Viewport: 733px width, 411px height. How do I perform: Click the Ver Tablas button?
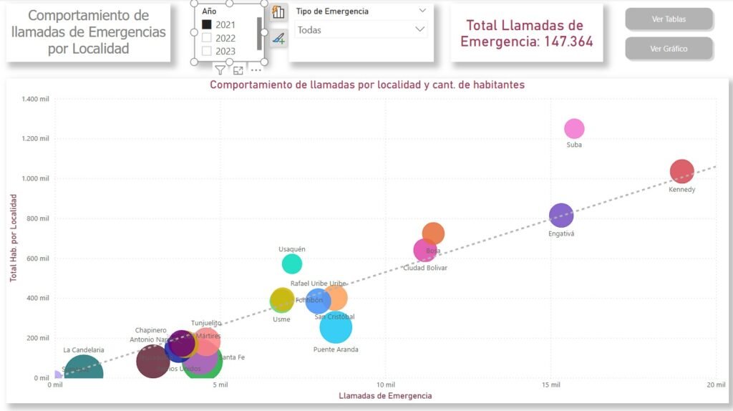(x=669, y=19)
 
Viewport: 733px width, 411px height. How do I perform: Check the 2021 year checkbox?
(x=207, y=24)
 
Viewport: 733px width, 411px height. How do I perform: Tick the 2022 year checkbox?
(x=207, y=38)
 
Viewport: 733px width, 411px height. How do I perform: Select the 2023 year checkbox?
(x=207, y=52)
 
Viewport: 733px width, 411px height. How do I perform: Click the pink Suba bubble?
(x=574, y=129)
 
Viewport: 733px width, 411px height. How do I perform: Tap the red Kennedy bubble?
(x=682, y=171)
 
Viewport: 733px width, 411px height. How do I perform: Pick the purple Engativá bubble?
(x=561, y=215)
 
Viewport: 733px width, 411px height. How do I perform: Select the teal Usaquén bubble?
(x=292, y=263)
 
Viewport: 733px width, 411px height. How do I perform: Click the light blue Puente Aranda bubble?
(x=336, y=327)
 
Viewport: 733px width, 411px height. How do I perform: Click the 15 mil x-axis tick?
(x=550, y=385)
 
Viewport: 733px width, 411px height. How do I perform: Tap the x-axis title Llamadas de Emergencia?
(x=385, y=395)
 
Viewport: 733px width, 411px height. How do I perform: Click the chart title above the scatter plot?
(x=367, y=84)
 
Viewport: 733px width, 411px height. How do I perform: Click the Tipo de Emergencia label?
(x=332, y=11)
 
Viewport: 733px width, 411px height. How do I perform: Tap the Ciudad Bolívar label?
(x=425, y=268)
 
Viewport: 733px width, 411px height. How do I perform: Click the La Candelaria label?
(x=84, y=350)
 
